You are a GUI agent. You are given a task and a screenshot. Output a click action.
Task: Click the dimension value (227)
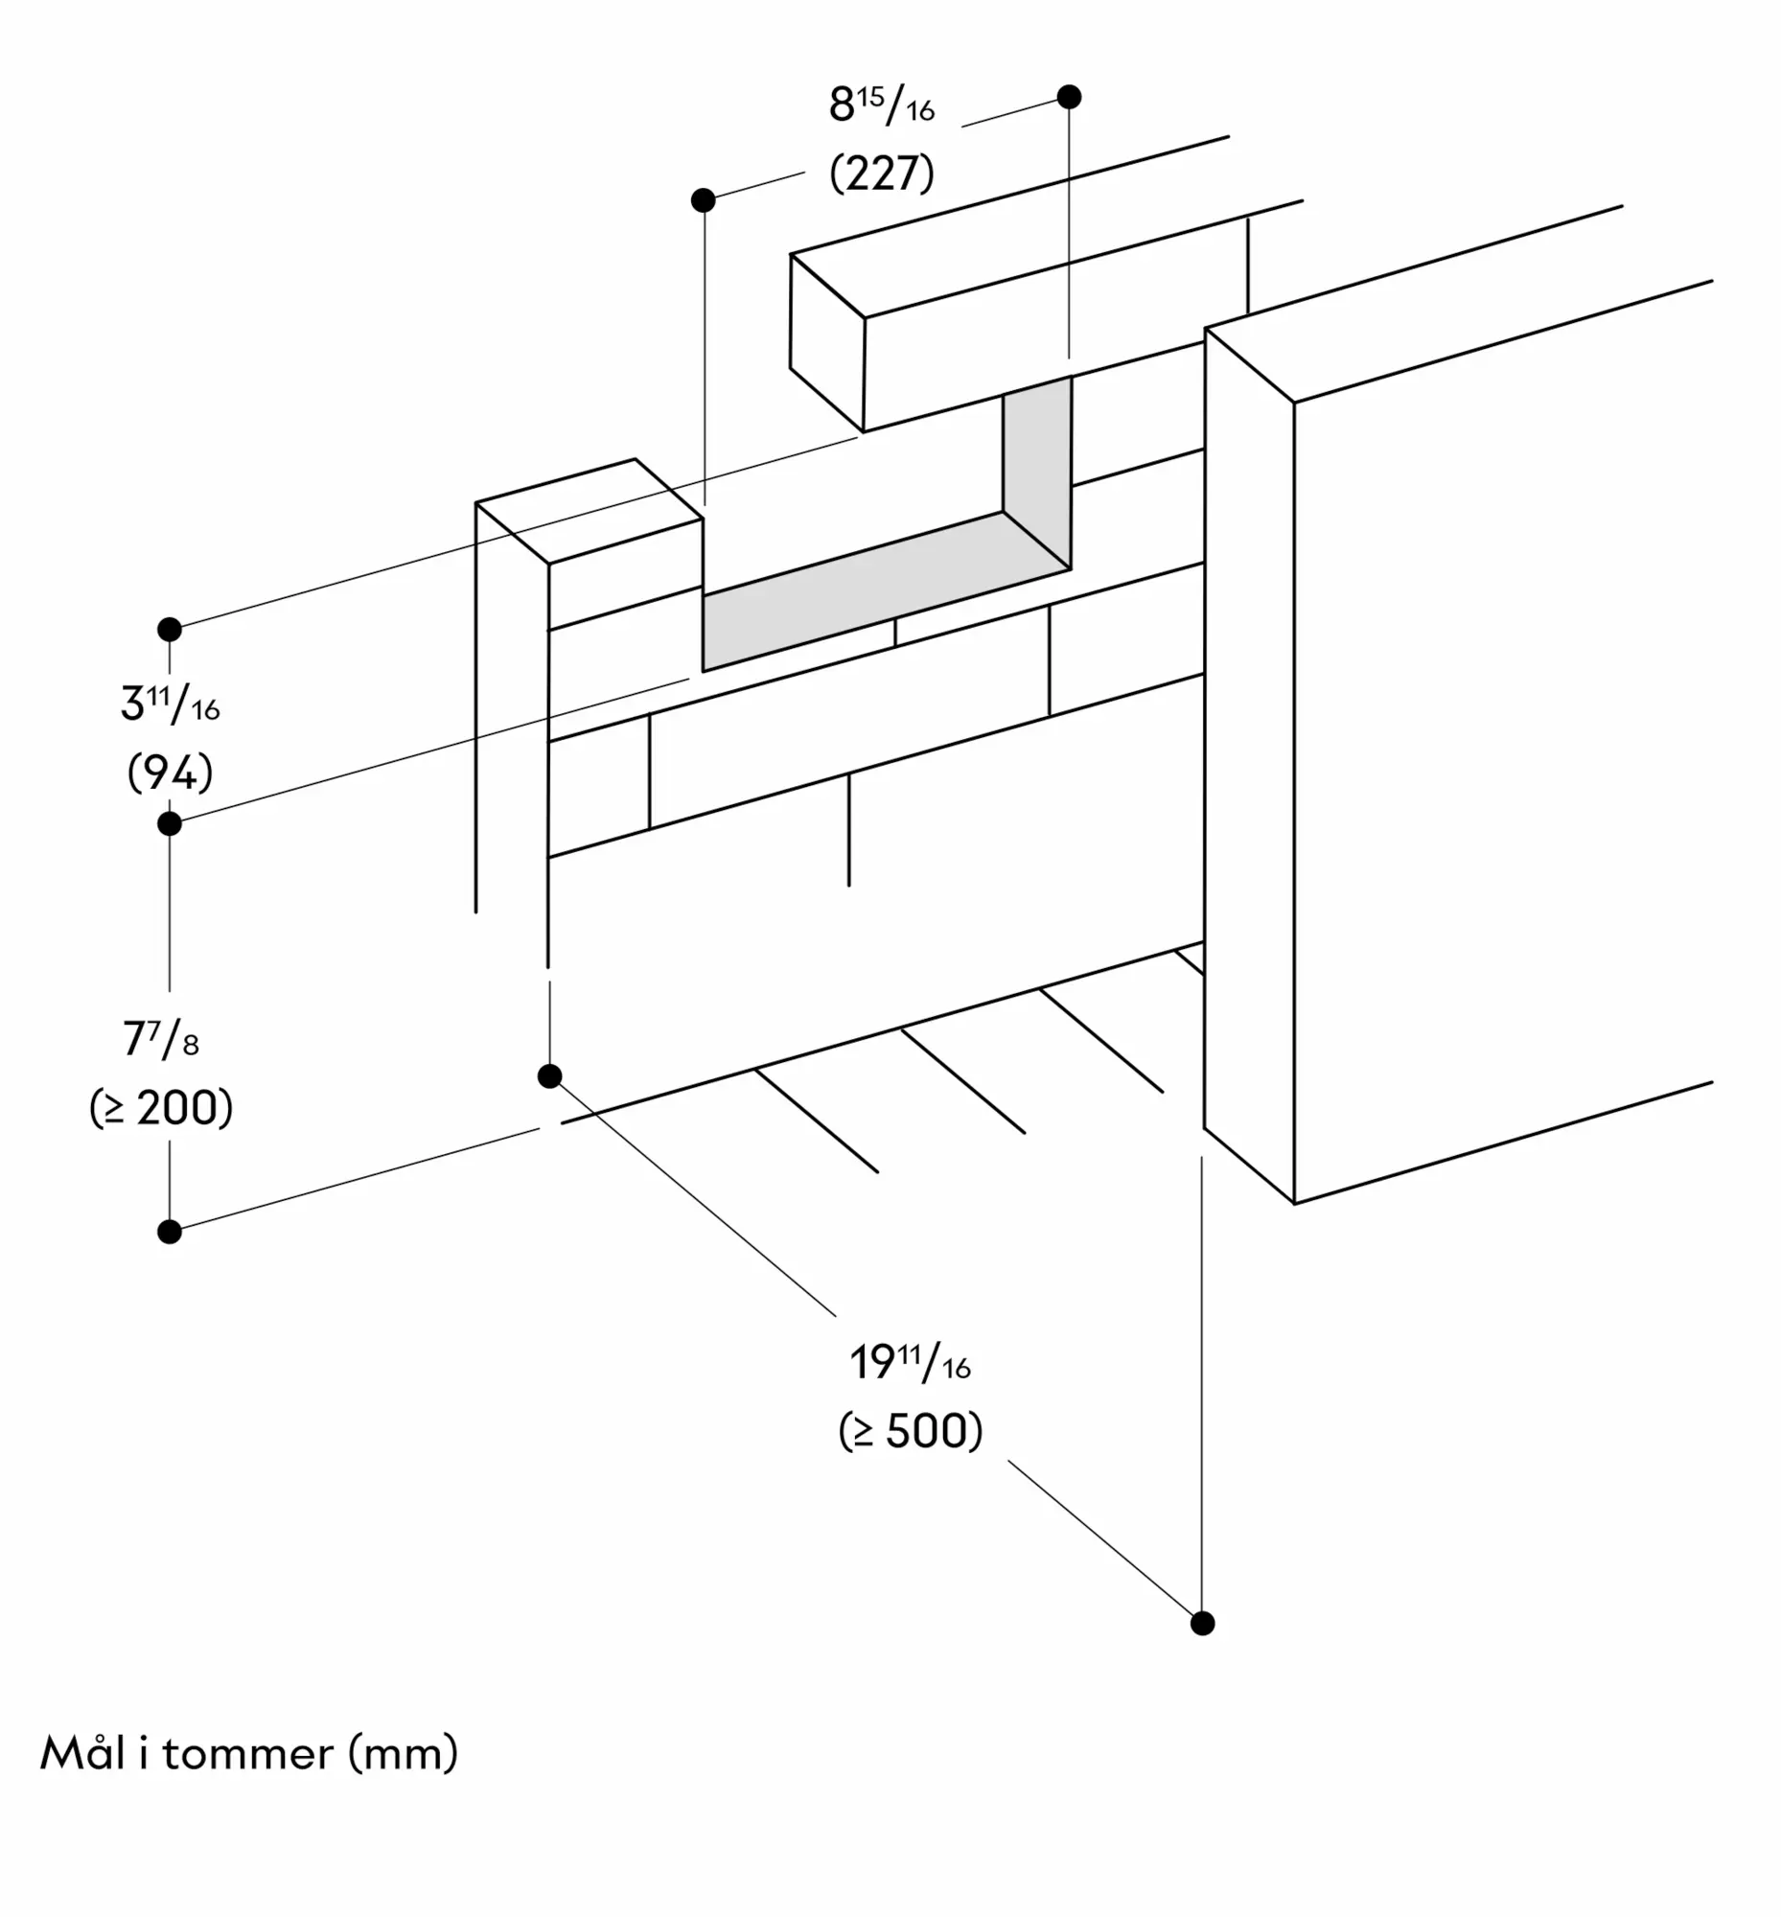pyautogui.click(x=882, y=174)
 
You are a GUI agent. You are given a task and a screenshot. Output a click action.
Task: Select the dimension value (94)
pyautogui.click(x=170, y=772)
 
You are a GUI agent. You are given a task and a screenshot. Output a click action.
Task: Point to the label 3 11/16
pyautogui.click(x=170, y=704)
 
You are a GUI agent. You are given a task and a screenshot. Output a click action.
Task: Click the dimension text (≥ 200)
pyautogui.click(x=161, y=1108)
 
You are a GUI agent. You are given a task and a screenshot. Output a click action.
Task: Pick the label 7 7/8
pyautogui.click(x=161, y=1040)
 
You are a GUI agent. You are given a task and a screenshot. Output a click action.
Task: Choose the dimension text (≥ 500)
pyautogui.click(x=910, y=1431)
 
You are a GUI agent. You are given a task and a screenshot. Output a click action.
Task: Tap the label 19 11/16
pyautogui.click(x=910, y=1363)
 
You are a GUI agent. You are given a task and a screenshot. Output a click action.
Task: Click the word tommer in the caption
pyautogui.click(x=247, y=1753)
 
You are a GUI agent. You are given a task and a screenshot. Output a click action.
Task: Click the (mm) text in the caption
pyautogui.click(x=403, y=1753)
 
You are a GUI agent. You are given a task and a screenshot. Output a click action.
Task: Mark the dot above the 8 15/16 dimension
pyautogui.click(x=1069, y=97)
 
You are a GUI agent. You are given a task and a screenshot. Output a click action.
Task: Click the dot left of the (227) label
pyautogui.click(x=704, y=200)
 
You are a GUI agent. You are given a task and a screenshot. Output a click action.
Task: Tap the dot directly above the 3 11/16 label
pyautogui.click(x=170, y=630)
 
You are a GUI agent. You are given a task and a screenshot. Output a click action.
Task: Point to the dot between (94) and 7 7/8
pyautogui.click(x=170, y=824)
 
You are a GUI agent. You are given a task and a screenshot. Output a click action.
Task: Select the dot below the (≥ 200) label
pyautogui.click(x=170, y=1232)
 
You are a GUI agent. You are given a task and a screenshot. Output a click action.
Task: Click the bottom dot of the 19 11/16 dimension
pyautogui.click(x=1202, y=1624)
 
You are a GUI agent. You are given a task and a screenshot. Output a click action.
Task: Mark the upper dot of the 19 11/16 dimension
pyautogui.click(x=549, y=1076)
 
